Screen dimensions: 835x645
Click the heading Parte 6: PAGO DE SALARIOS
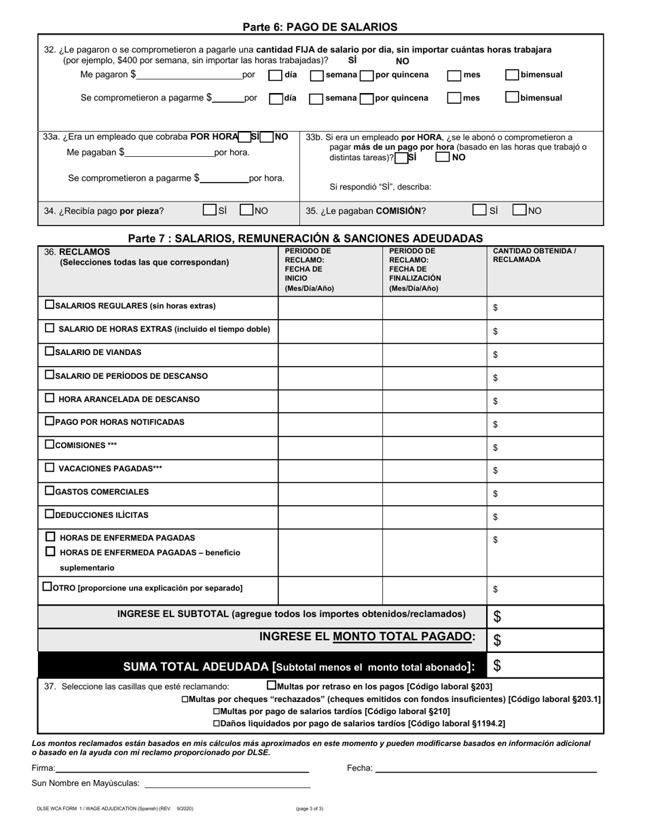[320, 27]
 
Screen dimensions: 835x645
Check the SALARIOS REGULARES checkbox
[50, 305]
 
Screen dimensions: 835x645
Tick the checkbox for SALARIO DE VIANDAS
[50, 352]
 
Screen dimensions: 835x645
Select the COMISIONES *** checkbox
[50, 445]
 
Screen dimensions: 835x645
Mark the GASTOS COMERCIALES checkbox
[50, 491]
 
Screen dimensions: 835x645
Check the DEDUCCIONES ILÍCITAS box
[50, 514]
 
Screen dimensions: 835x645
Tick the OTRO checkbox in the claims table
[47, 587]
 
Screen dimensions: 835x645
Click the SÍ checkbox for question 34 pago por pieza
[210, 210]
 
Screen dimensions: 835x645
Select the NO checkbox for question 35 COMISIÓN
[519, 210]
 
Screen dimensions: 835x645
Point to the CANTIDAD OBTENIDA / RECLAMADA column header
[534, 255]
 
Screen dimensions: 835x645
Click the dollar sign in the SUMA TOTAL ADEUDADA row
[497, 666]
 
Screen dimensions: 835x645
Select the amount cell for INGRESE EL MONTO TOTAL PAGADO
[545, 640]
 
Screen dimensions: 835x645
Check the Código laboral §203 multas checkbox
[272, 686]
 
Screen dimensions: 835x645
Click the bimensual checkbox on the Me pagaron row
[513, 75]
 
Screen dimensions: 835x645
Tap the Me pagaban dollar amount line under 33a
[170, 153]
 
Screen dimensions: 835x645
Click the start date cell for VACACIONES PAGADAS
[331, 469]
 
